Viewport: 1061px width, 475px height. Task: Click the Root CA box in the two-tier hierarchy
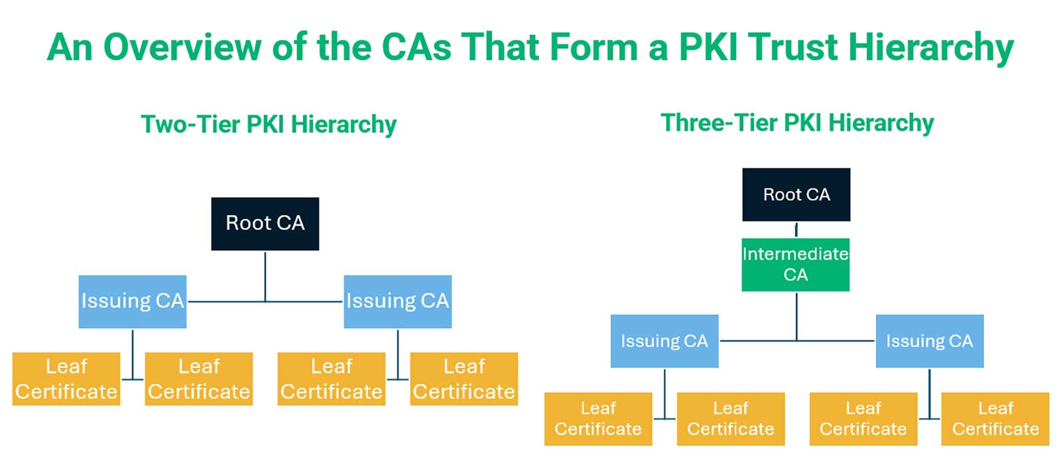[x=265, y=224]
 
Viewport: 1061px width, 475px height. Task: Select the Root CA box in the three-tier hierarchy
[x=796, y=194]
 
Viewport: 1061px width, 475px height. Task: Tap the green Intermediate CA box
[x=795, y=264]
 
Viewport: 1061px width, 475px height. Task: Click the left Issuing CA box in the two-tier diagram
[x=132, y=301]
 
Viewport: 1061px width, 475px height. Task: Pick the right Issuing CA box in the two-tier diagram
[x=397, y=301]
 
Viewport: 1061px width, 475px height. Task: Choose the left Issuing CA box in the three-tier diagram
[x=664, y=341]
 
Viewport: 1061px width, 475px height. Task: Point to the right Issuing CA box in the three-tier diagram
[x=929, y=341]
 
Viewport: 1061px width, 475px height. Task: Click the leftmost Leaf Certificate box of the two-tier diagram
[x=66, y=379]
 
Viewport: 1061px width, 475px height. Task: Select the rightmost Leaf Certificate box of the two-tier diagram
[x=464, y=379]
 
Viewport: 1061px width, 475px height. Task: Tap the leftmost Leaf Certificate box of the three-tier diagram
[x=598, y=419]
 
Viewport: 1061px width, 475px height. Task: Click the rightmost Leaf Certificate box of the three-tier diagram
[x=995, y=419]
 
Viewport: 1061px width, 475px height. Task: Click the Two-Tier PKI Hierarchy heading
[x=269, y=124]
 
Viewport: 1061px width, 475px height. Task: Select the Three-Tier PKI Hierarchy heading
[x=797, y=123]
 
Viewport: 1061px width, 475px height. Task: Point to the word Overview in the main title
[x=182, y=48]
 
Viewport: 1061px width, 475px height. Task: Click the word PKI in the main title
[x=708, y=48]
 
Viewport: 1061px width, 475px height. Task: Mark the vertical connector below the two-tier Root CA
[x=265, y=275]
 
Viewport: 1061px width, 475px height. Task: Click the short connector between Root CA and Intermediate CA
[x=796, y=230]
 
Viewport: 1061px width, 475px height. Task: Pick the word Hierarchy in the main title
[x=931, y=48]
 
